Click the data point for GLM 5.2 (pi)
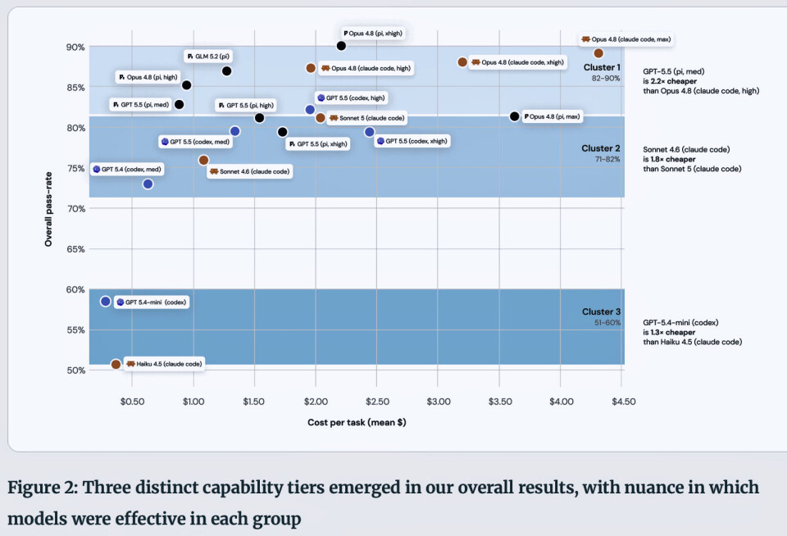pyautogui.click(x=227, y=71)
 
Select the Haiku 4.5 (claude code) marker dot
pyautogui.click(x=116, y=365)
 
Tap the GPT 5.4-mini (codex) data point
pyautogui.click(x=106, y=302)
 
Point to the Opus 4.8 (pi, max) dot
pyautogui.click(x=515, y=116)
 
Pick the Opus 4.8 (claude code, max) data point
pyautogui.click(x=598, y=53)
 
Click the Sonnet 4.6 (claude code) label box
pyautogui.click(x=249, y=171)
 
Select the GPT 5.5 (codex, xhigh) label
pyautogui.click(x=412, y=141)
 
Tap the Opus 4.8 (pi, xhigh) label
pyautogui.click(x=373, y=34)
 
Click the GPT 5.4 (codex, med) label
pyautogui.click(x=128, y=170)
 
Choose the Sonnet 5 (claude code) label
pyautogui.click(x=367, y=119)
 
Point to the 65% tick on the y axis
pyautogui.click(x=75, y=249)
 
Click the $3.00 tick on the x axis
pyautogui.click(x=438, y=402)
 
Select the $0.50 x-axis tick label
pyautogui.click(x=132, y=402)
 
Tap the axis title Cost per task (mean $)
pyautogui.click(x=357, y=423)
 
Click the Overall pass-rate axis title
pyautogui.click(x=48, y=209)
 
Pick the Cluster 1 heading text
pyautogui.click(x=602, y=67)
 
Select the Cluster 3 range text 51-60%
pyautogui.click(x=607, y=323)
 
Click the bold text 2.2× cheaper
pyautogui.click(x=674, y=81)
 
